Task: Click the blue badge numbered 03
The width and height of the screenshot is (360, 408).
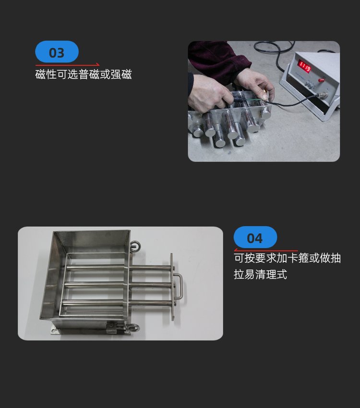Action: tap(57, 51)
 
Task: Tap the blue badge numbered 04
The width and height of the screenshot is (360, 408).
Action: tap(255, 237)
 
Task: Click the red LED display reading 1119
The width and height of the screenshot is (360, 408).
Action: tap(304, 66)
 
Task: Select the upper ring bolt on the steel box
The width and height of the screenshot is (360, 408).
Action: tap(135, 246)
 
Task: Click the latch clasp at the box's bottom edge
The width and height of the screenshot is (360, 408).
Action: tap(115, 327)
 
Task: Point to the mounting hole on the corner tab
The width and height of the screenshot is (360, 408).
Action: tap(54, 331)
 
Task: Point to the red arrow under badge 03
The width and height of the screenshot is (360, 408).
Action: tap(67, 64)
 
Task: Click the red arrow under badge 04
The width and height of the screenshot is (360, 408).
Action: tap(266, 250)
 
